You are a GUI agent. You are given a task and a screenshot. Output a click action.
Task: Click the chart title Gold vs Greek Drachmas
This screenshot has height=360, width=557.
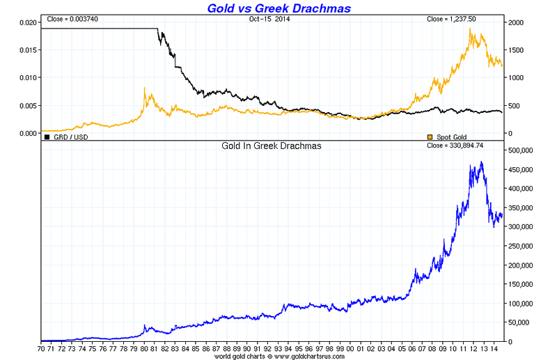(278, 8)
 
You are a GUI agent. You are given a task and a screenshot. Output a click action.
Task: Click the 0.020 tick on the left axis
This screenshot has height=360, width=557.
(26, 22)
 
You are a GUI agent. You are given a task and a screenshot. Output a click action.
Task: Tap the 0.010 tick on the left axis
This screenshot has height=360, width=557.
(26, 77)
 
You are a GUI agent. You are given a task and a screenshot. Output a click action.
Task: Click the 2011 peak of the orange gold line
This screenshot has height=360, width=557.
(472, 30)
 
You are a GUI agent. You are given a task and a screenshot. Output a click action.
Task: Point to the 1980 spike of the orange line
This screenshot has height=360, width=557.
(144, 88)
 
